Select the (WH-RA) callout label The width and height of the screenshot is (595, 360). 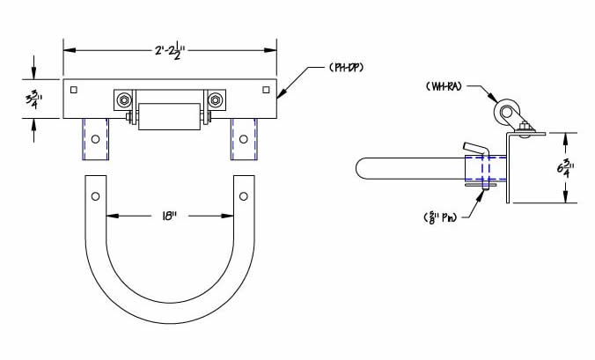446,86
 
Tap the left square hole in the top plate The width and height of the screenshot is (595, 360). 75,90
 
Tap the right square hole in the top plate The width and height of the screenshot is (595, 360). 267,90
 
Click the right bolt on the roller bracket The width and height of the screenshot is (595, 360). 212,99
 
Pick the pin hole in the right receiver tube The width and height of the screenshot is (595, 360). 244,138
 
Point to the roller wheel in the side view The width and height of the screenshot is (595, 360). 505,113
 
